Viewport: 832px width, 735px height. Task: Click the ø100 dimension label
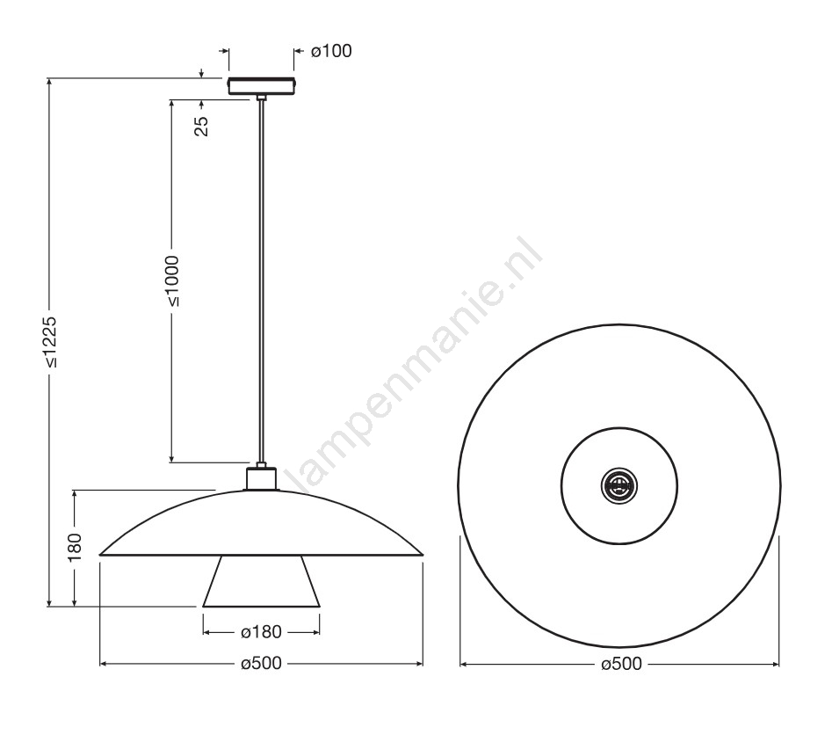[x=331, y=51]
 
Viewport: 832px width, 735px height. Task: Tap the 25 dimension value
[x=202, y=126]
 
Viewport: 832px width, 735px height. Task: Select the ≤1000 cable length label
[x=172, y=281]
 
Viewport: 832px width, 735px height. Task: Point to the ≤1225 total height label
[x=50, y=342]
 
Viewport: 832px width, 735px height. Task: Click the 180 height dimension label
[x=75, y=547]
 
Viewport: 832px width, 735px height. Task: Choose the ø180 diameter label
[x=261, y=632]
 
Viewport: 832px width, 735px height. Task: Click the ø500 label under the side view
[x=261, y=663]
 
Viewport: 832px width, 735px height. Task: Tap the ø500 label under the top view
[x=621, y=663]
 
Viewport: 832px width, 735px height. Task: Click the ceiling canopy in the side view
[x=261, y=86]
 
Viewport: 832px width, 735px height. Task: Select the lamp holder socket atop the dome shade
[x=261, y=478]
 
